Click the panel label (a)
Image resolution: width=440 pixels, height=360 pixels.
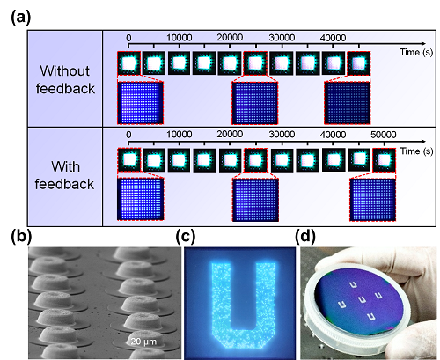pos(20,18)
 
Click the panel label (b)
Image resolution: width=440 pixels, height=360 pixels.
pos(21,237)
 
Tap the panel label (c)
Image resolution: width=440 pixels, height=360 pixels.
pos(185,237)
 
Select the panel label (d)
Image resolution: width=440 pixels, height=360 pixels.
pos(305,237)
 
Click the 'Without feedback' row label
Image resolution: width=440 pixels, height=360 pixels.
pos(65,79)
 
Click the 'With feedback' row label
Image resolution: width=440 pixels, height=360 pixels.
pos(65,175)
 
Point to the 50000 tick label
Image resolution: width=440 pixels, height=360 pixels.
pos(384,135)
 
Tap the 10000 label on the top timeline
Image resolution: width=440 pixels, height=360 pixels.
pos(180,38)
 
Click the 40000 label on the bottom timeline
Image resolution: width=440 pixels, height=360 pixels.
pos(333,135)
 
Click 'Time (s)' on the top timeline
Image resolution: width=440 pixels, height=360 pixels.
pos(416,52)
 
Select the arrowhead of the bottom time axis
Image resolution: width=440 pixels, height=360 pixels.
pos(423,142)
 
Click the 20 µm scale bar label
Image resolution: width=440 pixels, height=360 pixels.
pos(143,342)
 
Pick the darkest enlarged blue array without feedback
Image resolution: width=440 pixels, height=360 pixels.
pos(348,103)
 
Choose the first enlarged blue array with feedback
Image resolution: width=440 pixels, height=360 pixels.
pos(141,199)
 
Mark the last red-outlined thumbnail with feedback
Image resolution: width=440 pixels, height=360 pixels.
pos(384,160)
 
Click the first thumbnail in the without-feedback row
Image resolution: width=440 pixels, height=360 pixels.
pos(128,63)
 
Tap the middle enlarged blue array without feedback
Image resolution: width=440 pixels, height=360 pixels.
pos(255,103)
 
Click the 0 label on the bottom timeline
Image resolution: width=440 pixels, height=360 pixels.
pos(128,135)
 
